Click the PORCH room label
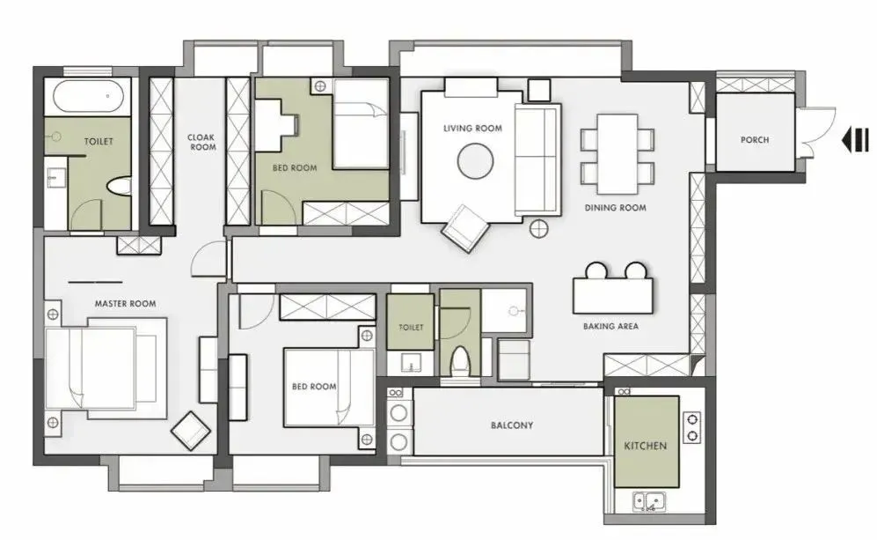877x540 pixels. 755,139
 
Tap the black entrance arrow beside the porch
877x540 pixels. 856,139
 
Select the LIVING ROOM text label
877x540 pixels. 472,129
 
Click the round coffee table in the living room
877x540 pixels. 475,161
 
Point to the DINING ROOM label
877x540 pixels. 615,207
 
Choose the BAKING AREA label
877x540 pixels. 610,326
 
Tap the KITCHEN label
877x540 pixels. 646,446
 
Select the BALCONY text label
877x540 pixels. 512,425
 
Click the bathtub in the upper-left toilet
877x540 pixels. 88,96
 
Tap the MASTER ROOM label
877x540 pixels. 125,304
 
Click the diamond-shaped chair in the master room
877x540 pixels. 191,431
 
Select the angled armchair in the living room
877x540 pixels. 465,228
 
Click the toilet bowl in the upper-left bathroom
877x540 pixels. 119,187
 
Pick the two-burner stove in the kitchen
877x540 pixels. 691,427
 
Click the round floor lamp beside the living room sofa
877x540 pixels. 538,228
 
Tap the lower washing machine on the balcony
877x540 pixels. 398,442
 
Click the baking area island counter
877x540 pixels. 614,296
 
